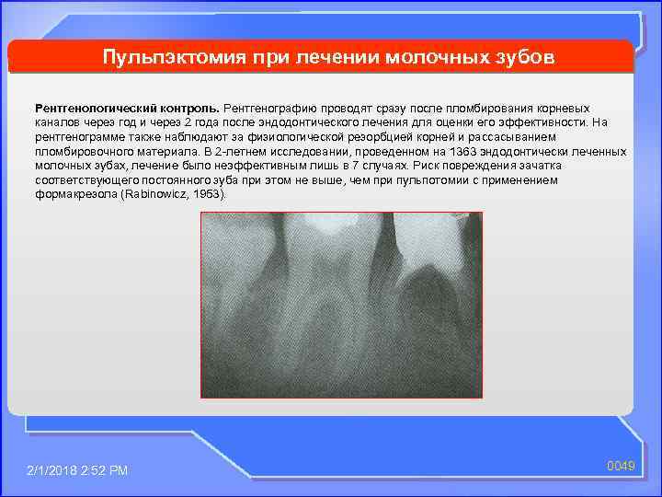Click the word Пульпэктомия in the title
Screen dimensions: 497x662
(171, 58)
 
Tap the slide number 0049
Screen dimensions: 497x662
(622, 468)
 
